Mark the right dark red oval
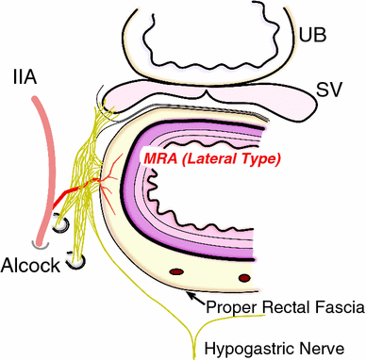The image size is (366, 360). point(245,278)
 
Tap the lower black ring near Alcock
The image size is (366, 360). point(74,265)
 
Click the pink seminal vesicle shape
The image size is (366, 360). point(217,95)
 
